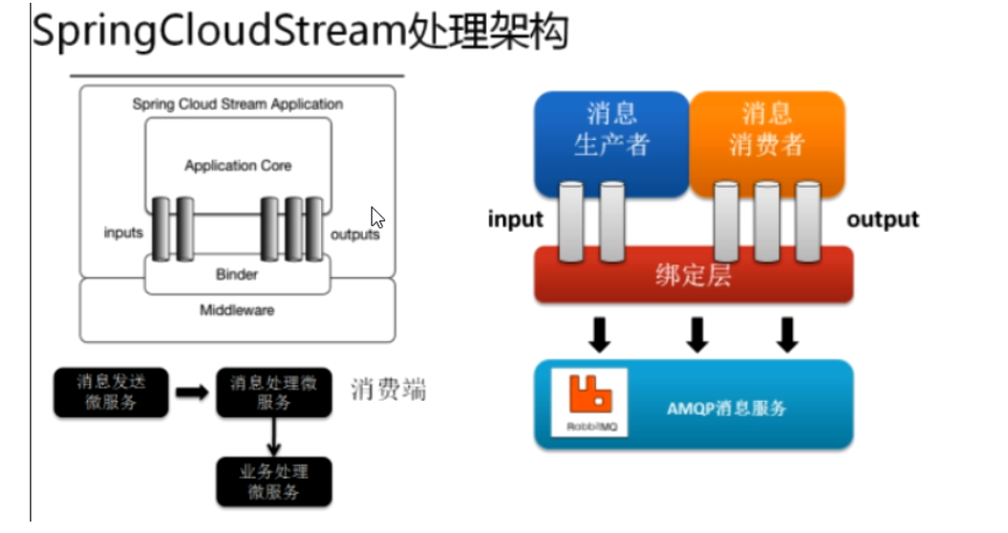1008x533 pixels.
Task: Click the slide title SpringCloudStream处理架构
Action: (301, 32)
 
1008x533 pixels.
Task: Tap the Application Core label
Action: (238, 166)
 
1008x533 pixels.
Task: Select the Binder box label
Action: (237, 274)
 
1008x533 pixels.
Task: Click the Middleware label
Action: (237, 310)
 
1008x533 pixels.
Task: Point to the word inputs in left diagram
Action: (124, 233)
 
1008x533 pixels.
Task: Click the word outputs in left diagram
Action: (355, 234)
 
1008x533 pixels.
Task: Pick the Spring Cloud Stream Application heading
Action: (238, 104)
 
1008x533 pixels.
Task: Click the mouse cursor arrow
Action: (377, 217)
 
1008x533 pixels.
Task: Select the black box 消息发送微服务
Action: (110, 391)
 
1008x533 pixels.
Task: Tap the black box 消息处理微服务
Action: (273, 391)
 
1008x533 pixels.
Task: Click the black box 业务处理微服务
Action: (273, 481)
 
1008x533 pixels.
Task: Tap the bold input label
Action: (515, 220)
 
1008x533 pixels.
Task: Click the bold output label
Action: (882, 220)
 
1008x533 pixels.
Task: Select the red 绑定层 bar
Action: (693, 275)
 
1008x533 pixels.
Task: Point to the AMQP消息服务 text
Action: (726, 407)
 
